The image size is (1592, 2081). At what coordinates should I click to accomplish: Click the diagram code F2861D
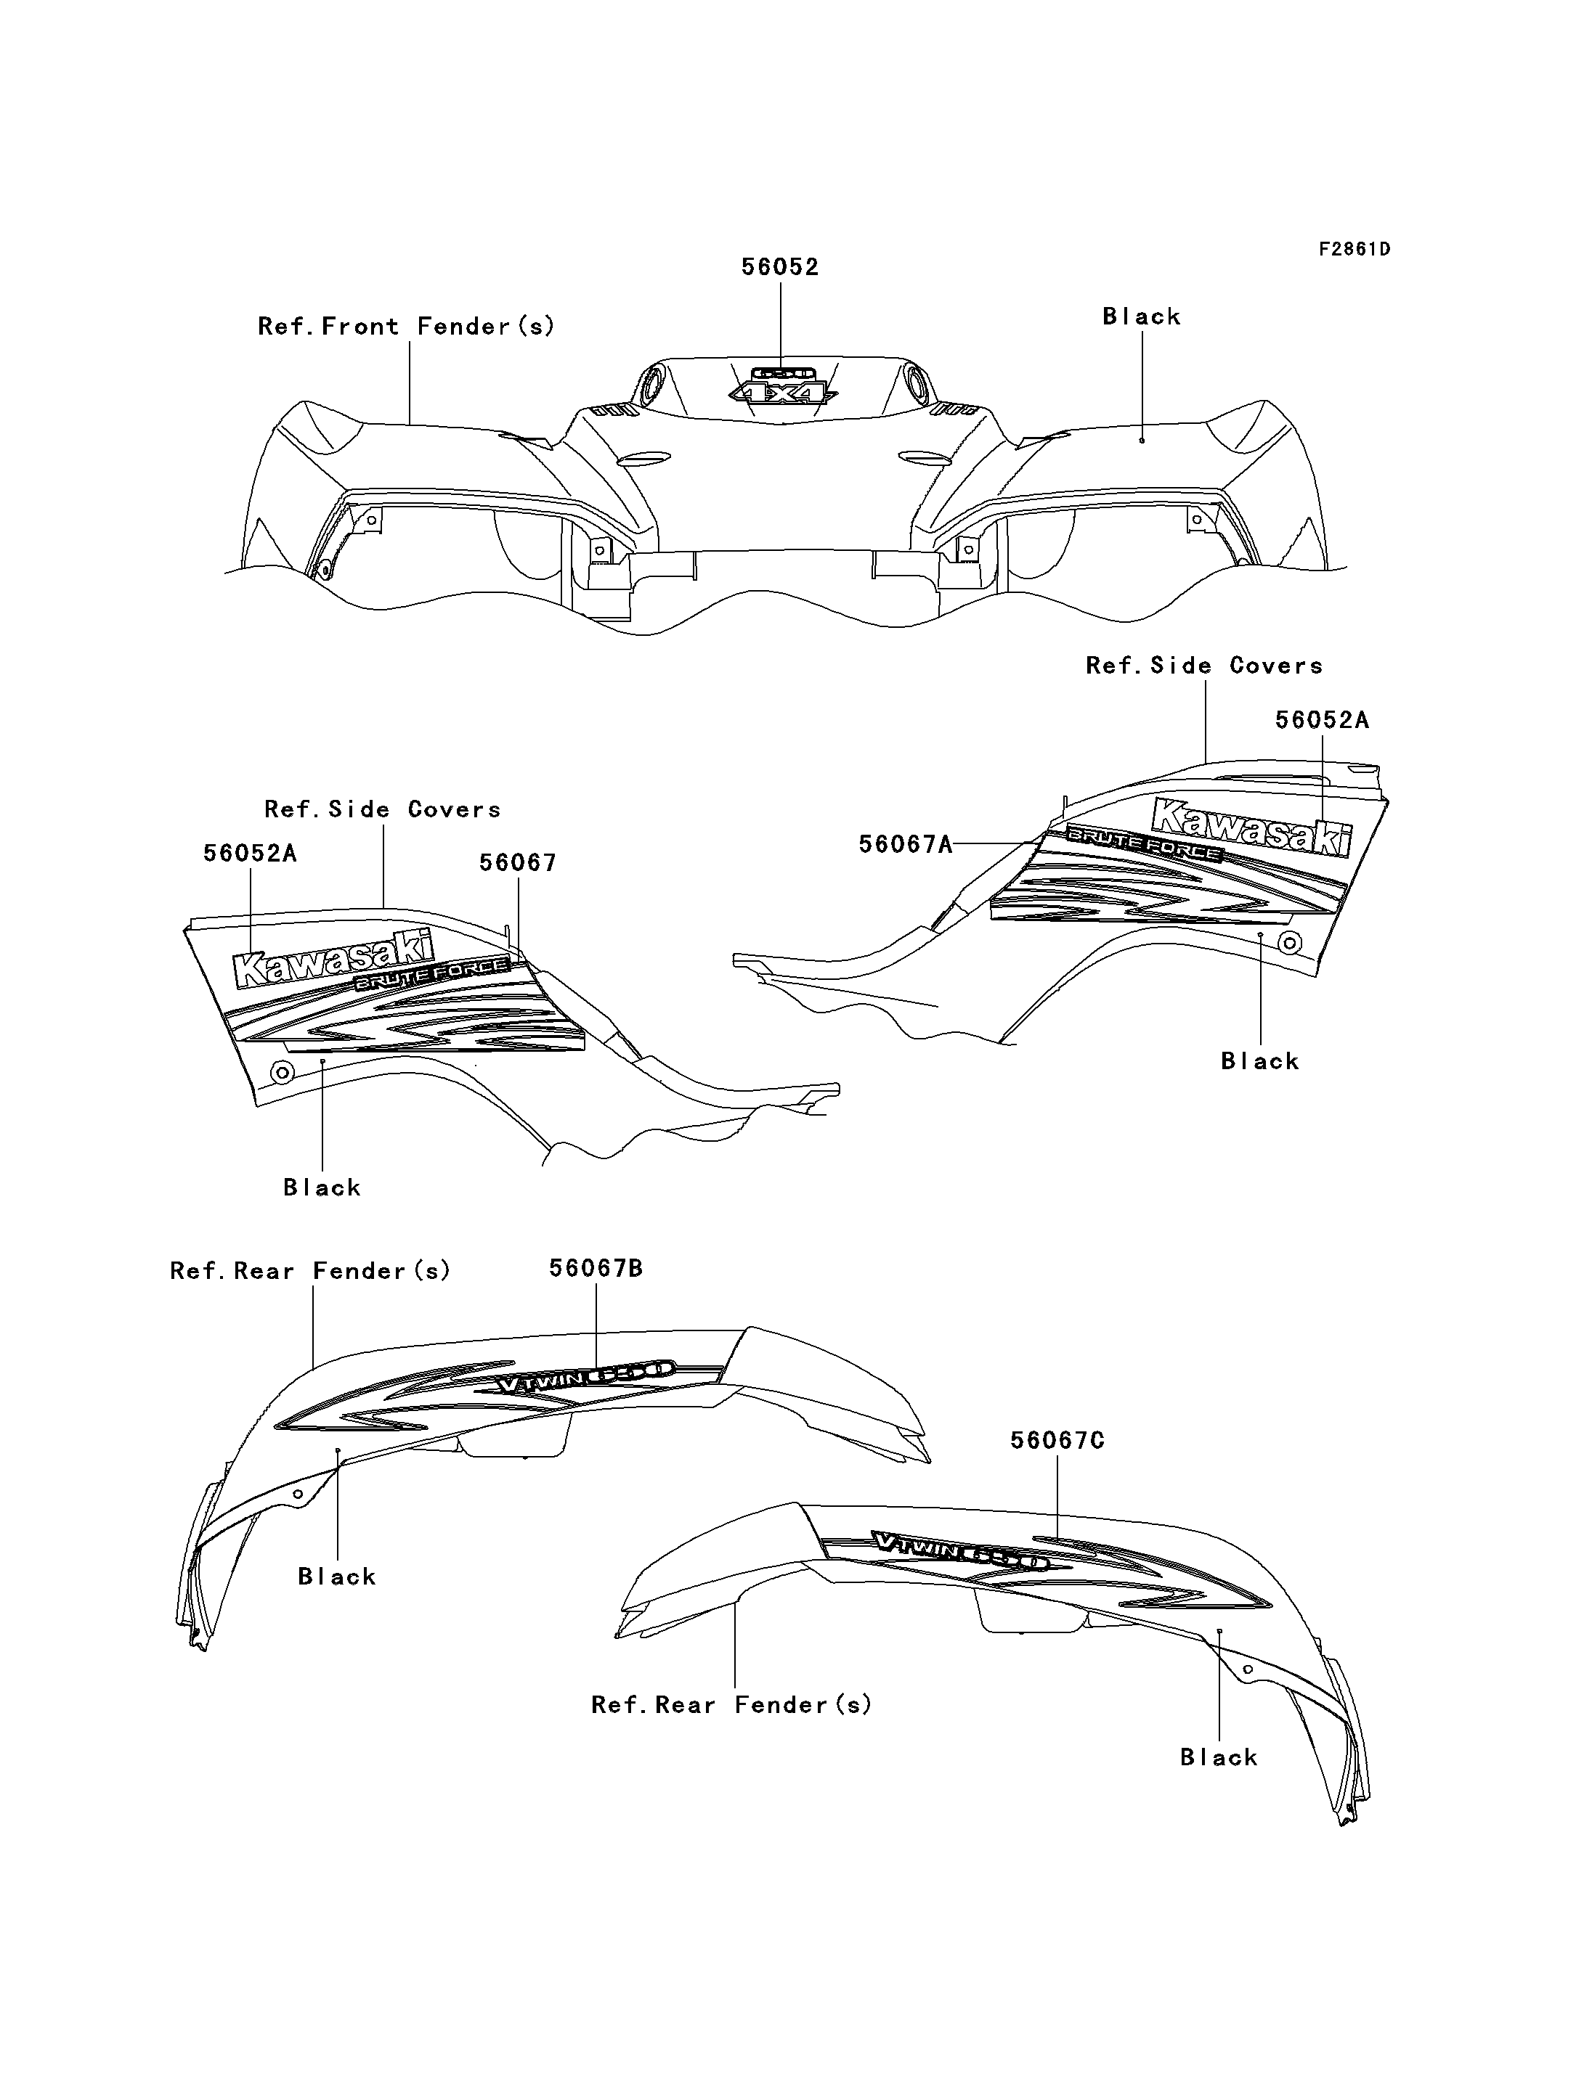(x=1355, y=249)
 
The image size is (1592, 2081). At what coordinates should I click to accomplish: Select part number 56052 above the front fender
(x=780, y=267)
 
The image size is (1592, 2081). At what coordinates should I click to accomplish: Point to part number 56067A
(x=905, y=844)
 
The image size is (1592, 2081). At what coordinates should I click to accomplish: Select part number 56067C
(x=1057, y=1441)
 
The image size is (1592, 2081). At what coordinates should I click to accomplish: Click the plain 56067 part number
(x=517, y=863)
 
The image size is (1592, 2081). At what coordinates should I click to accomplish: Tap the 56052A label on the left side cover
(x=250, y=854)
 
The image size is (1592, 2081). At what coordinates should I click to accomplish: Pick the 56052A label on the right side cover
(x=1322, y=720)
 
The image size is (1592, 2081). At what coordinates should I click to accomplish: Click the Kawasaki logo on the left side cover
(x=333, y=959)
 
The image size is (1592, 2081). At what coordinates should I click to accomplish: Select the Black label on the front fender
(x=1142, y=316)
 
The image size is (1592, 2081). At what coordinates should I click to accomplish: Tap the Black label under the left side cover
(x=322, y=1187)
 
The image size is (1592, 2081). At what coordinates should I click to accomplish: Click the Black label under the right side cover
(x=1260, y=1061)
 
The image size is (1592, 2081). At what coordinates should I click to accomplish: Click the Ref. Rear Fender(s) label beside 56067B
(x=310, y=1271)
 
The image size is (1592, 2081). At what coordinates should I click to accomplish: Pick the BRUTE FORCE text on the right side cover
(x=1144, y=846)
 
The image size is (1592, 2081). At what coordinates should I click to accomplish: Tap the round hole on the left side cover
(x=283, y=1072)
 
